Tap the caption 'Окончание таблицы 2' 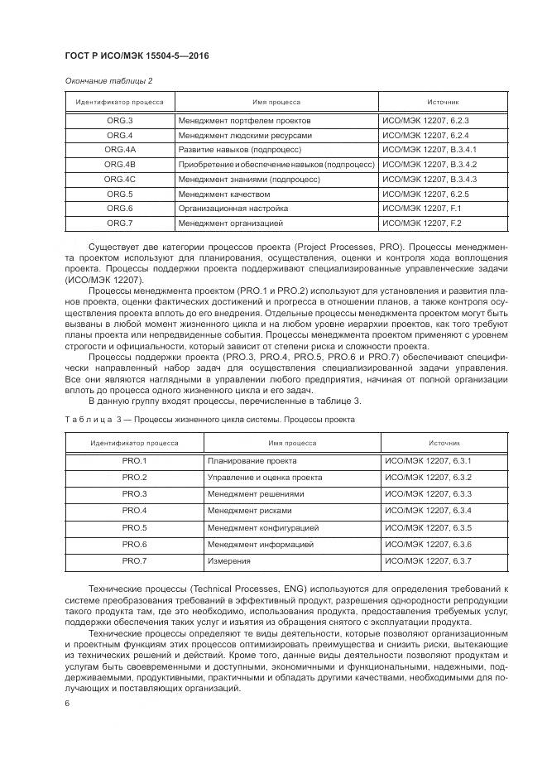[x=108, y=80]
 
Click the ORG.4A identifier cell [x=120, y=150]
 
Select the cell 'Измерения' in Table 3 [x=229, y=560]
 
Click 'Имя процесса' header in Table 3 [x=291, y=443]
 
